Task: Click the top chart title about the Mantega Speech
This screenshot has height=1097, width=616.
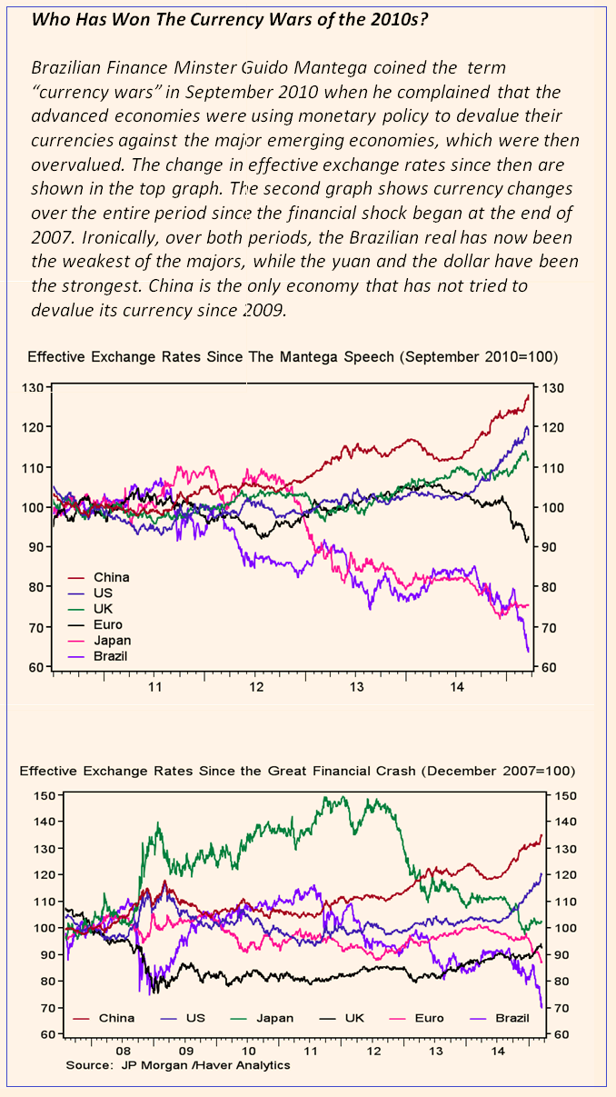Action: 293,356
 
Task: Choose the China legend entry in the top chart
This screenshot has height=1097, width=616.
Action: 111,577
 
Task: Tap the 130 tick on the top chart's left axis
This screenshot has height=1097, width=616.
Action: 35,388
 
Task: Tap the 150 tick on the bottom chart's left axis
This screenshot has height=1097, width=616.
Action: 44,795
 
